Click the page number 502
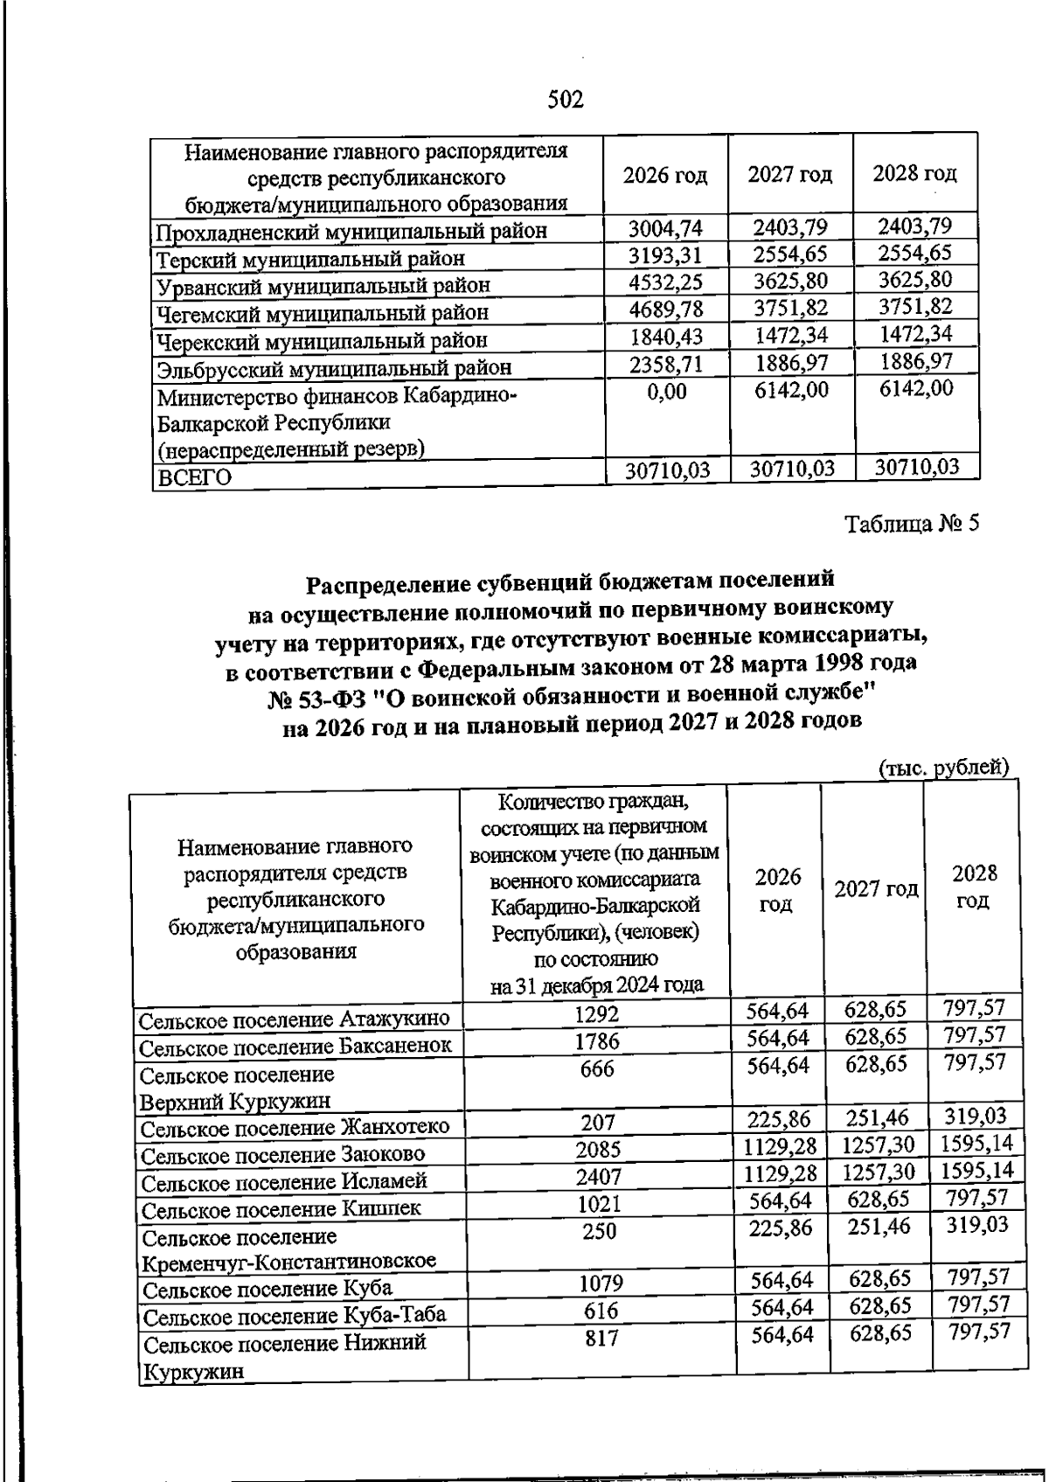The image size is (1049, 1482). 565,100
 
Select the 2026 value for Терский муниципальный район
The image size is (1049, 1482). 666,256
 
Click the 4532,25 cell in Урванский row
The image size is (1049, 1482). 666,283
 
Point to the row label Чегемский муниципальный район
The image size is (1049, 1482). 323,312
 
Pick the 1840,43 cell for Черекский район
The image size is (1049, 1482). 666,337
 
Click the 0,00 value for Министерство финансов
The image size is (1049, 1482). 666,393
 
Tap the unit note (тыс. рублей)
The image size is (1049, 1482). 943,767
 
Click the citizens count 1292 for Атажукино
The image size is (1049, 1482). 596,1014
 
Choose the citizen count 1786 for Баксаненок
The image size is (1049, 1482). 596,1041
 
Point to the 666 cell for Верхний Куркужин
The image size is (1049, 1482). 596,1068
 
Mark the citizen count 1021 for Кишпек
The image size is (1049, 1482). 598,1206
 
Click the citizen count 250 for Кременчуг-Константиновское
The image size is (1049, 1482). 598,1231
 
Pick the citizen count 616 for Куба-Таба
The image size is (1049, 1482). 600,1311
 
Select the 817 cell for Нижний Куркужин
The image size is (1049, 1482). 600,1338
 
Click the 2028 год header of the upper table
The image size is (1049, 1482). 914,173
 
